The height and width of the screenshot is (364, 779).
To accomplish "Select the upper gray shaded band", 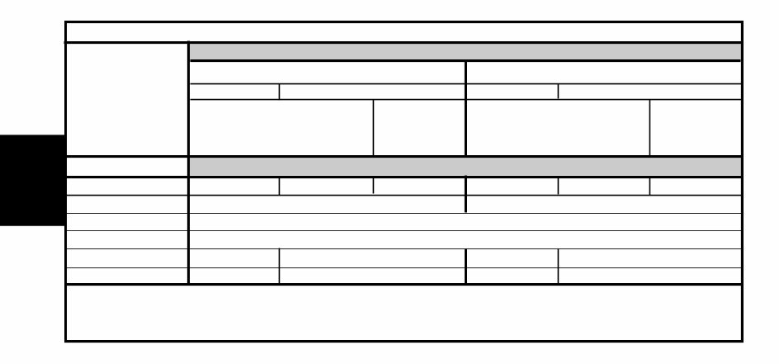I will pyautogui.click(x=465, y=52).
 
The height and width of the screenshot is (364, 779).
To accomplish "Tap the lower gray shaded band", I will pyautogui.click(x=465, y=167).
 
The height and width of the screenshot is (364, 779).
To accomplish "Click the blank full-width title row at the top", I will pyautogui.click(x=404, y=32).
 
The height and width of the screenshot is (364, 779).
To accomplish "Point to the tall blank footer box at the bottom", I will pyautogui.click(x=404, y=312).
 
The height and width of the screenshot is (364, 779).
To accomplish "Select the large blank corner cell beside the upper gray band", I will pyautogui.click(x=127, y=99).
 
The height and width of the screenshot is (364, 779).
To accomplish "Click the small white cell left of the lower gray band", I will pyautogui.click(x=127, y=167).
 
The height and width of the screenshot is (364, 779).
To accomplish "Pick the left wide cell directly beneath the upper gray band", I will pyautogui.click(x=327, y=73).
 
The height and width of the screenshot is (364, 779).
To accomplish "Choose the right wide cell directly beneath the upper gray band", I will pyautogui.click(x=603, y=73).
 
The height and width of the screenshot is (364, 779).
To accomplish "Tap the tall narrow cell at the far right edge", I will pyautogui.click(x=696, y=127).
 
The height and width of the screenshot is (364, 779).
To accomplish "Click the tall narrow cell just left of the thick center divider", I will pyautogui.click(x=419, y=127).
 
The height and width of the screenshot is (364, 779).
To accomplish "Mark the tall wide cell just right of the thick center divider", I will pyautogui.click(x=558, y=127).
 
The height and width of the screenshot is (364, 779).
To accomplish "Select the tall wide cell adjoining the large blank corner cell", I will pyautogui.click(x=281, y=127).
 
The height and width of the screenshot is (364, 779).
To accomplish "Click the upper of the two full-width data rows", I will pyautogui.click(x=465, y=222).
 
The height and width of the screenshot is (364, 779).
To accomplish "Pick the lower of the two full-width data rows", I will pyautogui.click(x=465, y=240).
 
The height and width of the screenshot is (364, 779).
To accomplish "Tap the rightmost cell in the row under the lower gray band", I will pyautogui.click(x=696, y=186).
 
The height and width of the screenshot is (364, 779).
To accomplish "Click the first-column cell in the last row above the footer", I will pyautogui.click(x=127, y=276).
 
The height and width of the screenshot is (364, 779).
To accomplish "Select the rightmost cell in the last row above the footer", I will pyautogui.click(x=649, y=276).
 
